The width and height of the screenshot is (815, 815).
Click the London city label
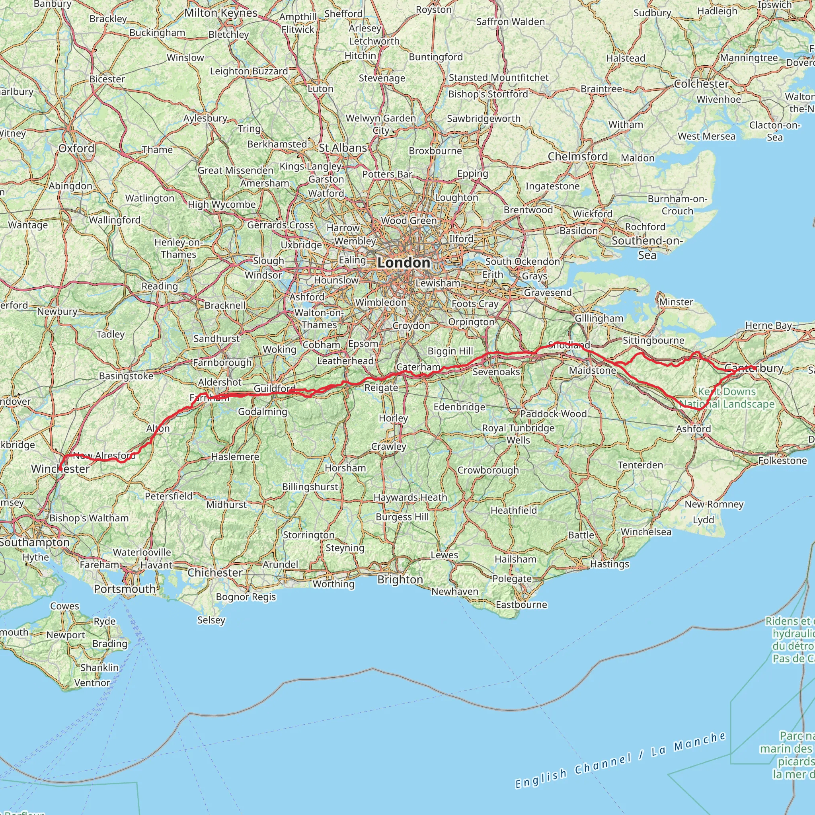[x=404, y=262]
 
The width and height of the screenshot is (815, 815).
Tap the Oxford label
[x=76, y=148]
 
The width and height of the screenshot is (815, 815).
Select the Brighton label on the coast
[x=400, y=579]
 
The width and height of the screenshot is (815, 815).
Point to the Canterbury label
[x=753, y=368]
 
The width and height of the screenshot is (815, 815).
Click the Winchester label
[x=60, y=469]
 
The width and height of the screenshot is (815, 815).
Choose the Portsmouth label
[x=125, y=589]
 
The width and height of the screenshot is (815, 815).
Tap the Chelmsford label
[x=577, y=156]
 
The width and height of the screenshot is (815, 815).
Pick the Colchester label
[x=701, y=84]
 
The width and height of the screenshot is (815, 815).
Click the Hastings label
[x=610, y=563]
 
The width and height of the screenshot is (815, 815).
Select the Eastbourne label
[x=521, y=604]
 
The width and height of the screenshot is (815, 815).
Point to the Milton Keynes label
[x=220, y=13]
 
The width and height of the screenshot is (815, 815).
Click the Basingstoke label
[x=126, y=376]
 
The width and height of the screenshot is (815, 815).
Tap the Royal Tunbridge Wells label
[x=518, y=434]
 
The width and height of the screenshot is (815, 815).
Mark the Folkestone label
[x=782, y=460]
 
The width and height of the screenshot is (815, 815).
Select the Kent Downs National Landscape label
[x=727, y=398]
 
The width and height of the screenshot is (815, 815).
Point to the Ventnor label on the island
[x=92, y=682]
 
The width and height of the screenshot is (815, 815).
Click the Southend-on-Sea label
[x=647, y=248]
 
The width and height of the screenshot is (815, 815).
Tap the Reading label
[x=160, y=286]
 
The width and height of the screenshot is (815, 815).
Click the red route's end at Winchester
[x=60, y=469]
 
